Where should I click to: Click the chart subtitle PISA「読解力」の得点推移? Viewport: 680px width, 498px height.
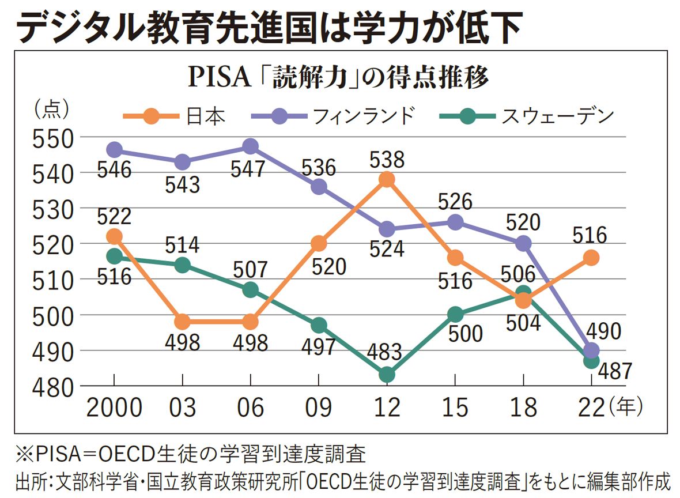point(339,78)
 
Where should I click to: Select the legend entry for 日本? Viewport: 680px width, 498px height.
point(173,116)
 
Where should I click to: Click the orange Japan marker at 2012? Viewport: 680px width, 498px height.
point(387,179)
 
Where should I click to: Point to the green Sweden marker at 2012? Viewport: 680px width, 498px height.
point(387,375)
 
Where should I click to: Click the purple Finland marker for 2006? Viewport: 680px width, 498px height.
point(251,146)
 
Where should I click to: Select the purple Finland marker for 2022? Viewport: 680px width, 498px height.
point(591,350)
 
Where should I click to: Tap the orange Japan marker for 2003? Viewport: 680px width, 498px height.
point(183,322)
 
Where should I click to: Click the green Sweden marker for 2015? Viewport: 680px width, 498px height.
point(455,315)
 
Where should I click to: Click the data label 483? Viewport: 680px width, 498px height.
point(387,352)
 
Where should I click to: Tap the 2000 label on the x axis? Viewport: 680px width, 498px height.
point(114,408)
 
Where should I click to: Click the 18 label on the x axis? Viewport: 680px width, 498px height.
point(523,408)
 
